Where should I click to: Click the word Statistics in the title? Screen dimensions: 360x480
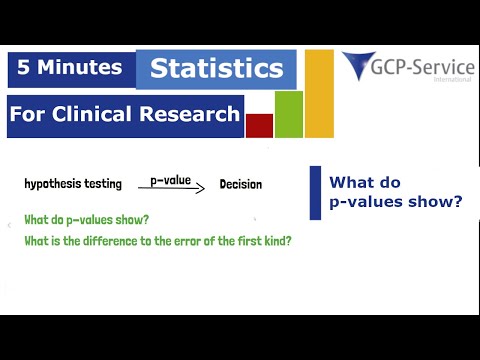coord(216,69)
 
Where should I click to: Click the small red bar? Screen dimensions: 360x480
coord(259,125)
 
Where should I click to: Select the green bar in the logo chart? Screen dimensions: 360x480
coord(288,114)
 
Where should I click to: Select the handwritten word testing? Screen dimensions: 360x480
coord(106,184)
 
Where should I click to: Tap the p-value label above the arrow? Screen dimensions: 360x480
coord(170,179)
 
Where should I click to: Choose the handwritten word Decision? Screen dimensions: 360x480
coord(241,185)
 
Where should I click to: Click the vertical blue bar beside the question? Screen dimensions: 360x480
coord(315,192)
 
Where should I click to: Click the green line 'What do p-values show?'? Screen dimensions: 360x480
coord(86,219)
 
